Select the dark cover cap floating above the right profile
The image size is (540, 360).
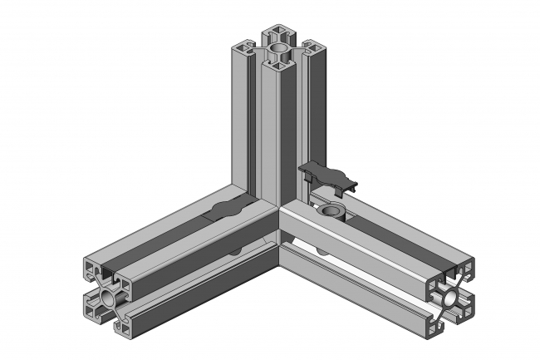coord(329,175)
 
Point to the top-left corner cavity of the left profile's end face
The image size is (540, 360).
coord(91,271)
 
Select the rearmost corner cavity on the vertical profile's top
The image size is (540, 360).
coord(277,34)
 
